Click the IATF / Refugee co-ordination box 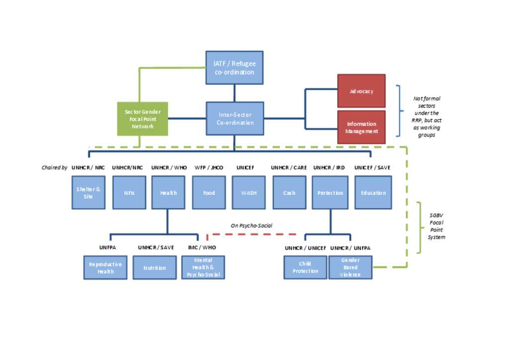[x=234, y=68]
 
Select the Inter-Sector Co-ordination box [x=235, y=119]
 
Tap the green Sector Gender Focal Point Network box [x=143, y=119]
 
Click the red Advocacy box [x=361, y=91]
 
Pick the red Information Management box [x=361, y=127]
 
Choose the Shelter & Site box [x=88, y=192]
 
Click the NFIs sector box [x=129, y=192]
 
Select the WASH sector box [x=249, y=192]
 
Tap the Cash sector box [x=289, y=192]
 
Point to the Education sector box [x=373, y=192]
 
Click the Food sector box [x=209, y=192]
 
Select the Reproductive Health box [x=105, y=268]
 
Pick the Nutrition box [x=155, y=268]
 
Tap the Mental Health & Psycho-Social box [x=203, y=268]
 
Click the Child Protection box [x=305, y=268]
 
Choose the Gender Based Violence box [x=350, y=268]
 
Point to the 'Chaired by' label [x=55, y=168]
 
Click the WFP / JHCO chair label [x=209, y=168]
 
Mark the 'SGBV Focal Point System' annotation [x=436, y=226]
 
